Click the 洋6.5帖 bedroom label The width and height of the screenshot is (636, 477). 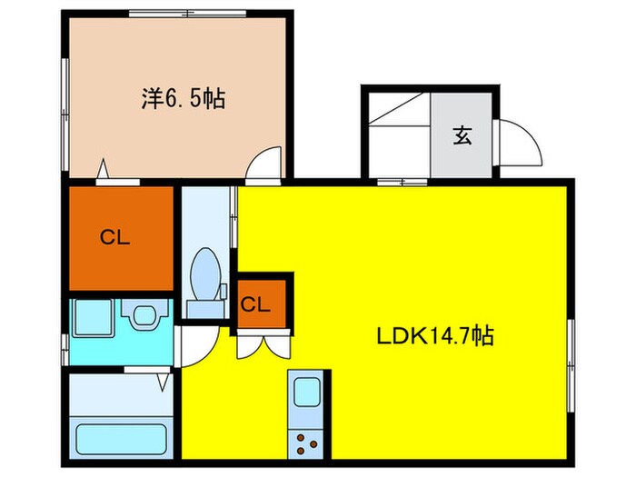coord(184,98)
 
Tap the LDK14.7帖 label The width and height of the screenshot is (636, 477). coord(435,336)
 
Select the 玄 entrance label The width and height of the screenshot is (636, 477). coord(462,136)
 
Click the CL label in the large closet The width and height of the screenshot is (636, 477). coord(114,238)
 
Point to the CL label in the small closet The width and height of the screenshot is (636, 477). coord(255,304)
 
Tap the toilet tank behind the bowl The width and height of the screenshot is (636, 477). coord(205,310)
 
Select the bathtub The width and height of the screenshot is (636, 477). coord(121,440)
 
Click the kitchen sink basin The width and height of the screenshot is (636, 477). coord(307,392)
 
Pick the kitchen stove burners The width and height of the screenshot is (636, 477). coord(307,443)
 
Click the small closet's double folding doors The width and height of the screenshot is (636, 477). coord(263,344)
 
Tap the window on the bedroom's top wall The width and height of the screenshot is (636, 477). coord(187,14)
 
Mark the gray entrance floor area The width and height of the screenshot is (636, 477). coord(462,135)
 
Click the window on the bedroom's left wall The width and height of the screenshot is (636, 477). coord(65,114)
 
